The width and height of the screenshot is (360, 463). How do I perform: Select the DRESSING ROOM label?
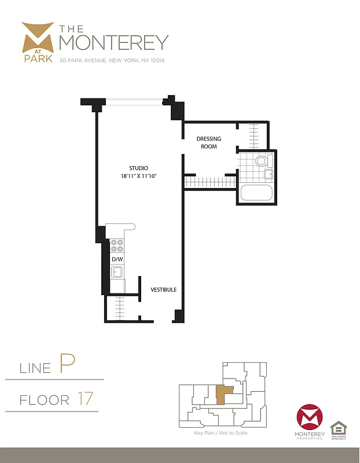click(x=207, y=142)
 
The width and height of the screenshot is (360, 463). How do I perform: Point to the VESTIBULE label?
click(x=164, y=289)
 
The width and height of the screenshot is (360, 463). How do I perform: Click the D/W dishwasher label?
click(x=117, y=259)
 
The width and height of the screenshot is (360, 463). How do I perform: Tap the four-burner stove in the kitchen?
click(x=117, y=245)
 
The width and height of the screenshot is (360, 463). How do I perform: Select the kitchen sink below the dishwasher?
click(x=117, y=272)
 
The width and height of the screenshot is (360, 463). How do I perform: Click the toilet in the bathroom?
click(x=261, y=161)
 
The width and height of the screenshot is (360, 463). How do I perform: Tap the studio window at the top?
click(x=134, y=102)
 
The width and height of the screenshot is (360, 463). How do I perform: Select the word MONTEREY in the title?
click(x=114, y=43)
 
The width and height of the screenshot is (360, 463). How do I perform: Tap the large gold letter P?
click(x=66, y=365)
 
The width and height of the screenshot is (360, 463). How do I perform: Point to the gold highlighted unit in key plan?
click(x=223, y=395)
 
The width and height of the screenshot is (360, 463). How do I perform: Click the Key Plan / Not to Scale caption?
click(x=221, y=433)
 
